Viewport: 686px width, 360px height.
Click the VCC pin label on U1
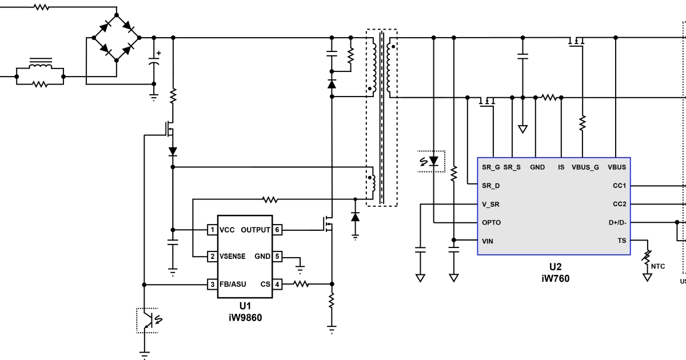click(228, 230)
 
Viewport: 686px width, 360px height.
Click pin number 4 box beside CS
click(277, 284)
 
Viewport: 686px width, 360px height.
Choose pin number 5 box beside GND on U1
click(277, 257)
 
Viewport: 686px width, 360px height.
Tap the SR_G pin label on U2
click(491, 167)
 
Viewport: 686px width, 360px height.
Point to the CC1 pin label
click(619, 186)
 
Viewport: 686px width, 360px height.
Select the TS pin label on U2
click(622, 241)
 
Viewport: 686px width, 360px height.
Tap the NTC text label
click(659, 266)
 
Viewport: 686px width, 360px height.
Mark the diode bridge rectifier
click(117, 38)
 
